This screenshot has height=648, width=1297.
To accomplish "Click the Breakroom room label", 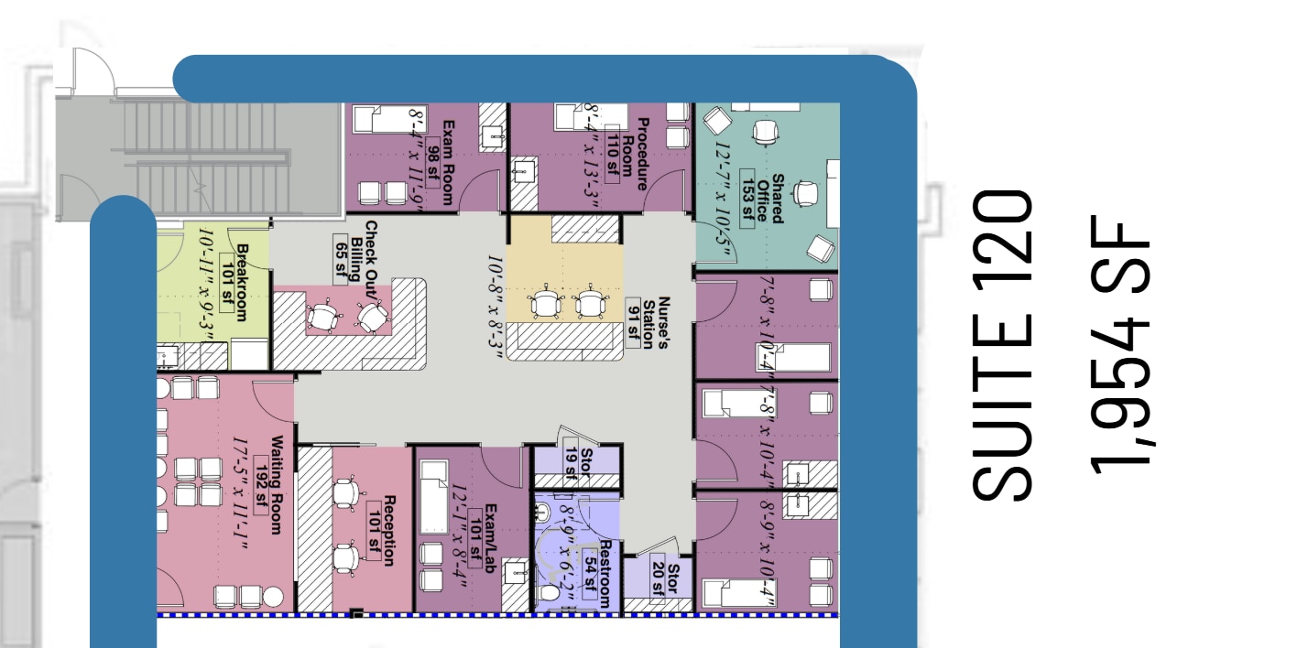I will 242,282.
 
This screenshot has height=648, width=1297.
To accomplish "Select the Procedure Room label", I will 636,153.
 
